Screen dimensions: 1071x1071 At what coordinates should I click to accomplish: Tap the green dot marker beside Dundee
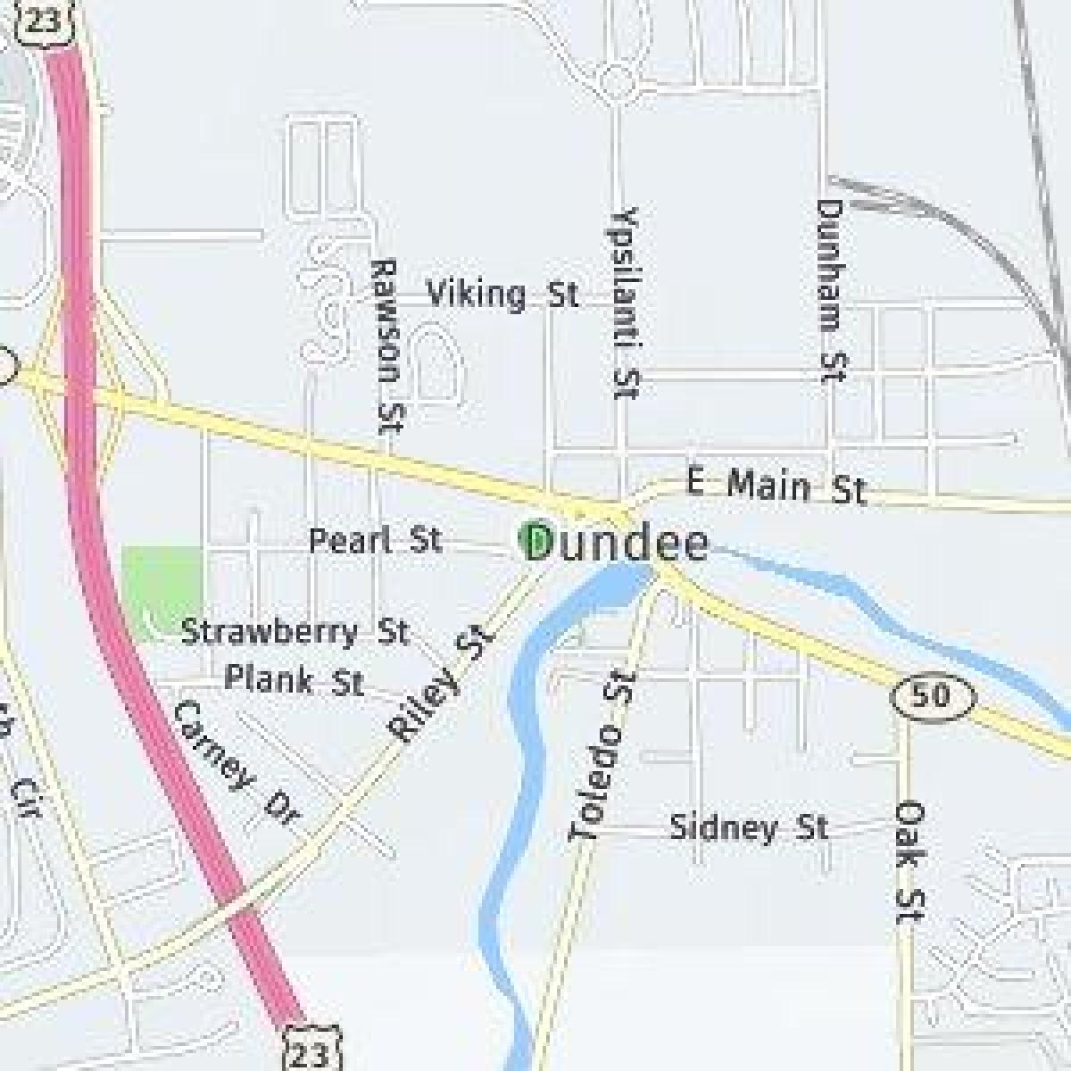[534, 539]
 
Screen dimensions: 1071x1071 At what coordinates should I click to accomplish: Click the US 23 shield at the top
[39, 20]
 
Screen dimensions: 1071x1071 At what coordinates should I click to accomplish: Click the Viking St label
[502, 294]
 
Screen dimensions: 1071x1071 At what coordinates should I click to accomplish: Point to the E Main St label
[776, 486]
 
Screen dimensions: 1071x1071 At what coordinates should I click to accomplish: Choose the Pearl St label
[375, 540]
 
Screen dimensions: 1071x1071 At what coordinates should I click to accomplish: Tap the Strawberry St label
[295, 632]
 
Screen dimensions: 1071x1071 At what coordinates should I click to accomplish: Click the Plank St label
[294, 681]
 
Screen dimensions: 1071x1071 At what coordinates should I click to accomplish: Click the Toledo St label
[604, 757]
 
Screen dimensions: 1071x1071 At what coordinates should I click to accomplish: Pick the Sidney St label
[749, 827]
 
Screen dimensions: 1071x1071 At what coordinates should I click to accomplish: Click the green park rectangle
[162, 589]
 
